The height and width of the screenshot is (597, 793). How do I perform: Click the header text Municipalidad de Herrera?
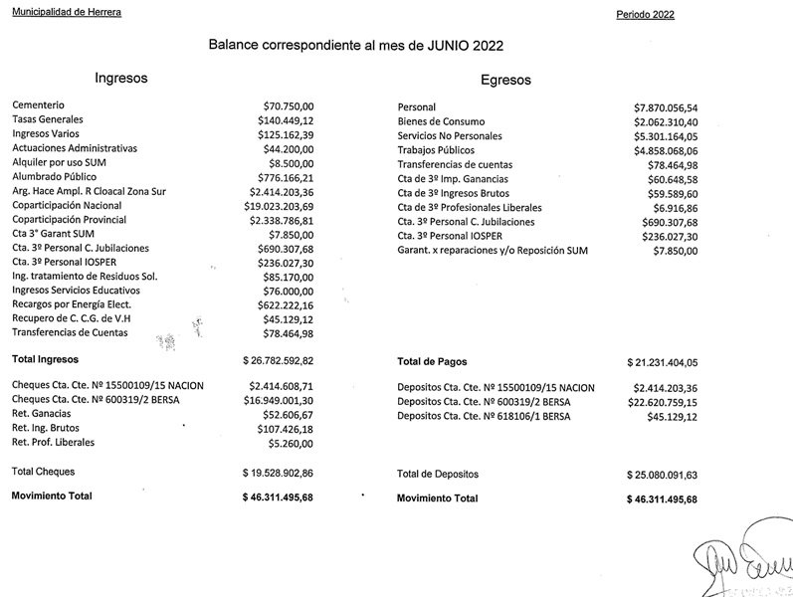pyautogui.click(x=65, y=10)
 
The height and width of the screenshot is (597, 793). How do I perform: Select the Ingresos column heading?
pyautogui.click(x=121, y=78)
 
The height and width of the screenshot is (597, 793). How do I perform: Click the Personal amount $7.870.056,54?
pyautogui.click(x=666, y=106)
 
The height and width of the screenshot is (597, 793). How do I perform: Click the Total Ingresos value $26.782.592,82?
pyautogui.click(x=278, y=360)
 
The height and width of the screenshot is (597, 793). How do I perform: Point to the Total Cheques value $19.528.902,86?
pyautogui.click(x=278, y=472)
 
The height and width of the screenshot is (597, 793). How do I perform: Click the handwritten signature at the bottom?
pyautogui.click(x=741, y=562)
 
